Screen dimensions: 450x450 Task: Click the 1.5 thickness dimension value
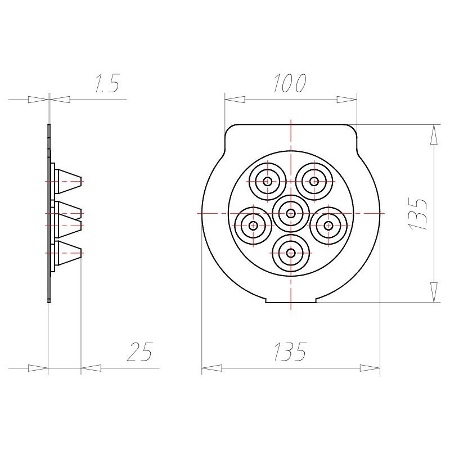pyautogui.click(x=107, y=83)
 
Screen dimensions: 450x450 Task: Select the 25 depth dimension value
pyautogui.click(x=139, y=351)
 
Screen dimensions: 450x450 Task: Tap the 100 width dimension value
pyautogui.click(x=290, y=83)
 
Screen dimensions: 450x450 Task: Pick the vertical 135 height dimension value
pyautogui.click(x=418, y=213)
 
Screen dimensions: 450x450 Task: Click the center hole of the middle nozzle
pyautogui.click(x=291, y=214)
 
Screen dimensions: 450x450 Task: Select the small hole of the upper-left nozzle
pyautogui.click(x=268, y=181)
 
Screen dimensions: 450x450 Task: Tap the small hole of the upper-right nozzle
pyautogui.click(x=314, y=181)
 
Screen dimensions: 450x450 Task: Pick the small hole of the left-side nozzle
pyautogui.click(x=253, y=226)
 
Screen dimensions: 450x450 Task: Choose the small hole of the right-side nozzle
pyautogui.click(x=328, y=226)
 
